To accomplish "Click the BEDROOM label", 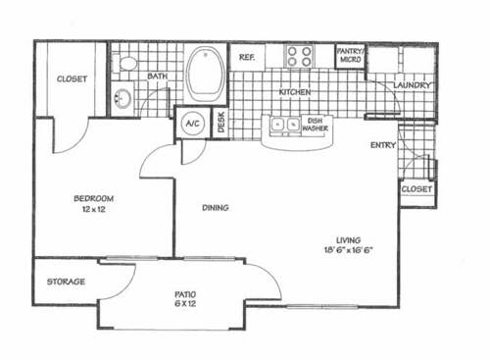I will [x=94, y=199].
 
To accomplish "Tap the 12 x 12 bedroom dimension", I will [x=94, y=210].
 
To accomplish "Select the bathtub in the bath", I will [x=205, y=74].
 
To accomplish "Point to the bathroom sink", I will [x=122, y=98].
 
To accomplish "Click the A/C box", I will [x=190, y=124].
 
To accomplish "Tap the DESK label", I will [x=221, y=123].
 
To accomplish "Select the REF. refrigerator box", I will [x=247, y=58].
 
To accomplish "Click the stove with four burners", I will [x=299, y=56].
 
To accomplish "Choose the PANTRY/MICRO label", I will [x=350, y=55].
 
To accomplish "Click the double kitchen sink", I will [x=286, y=126].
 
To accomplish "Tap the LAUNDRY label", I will [x=412, y=85].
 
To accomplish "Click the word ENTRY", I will [x=382, y=145].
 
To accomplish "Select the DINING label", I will [x=216, y=208].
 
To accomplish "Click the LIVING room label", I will [x=348, y=239].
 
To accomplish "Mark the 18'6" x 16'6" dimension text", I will [x=348, y=250].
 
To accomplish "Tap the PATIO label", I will [x=187, y=294].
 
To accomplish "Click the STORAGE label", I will [x=66, y=283].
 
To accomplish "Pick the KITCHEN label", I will [x=295, y=92].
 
